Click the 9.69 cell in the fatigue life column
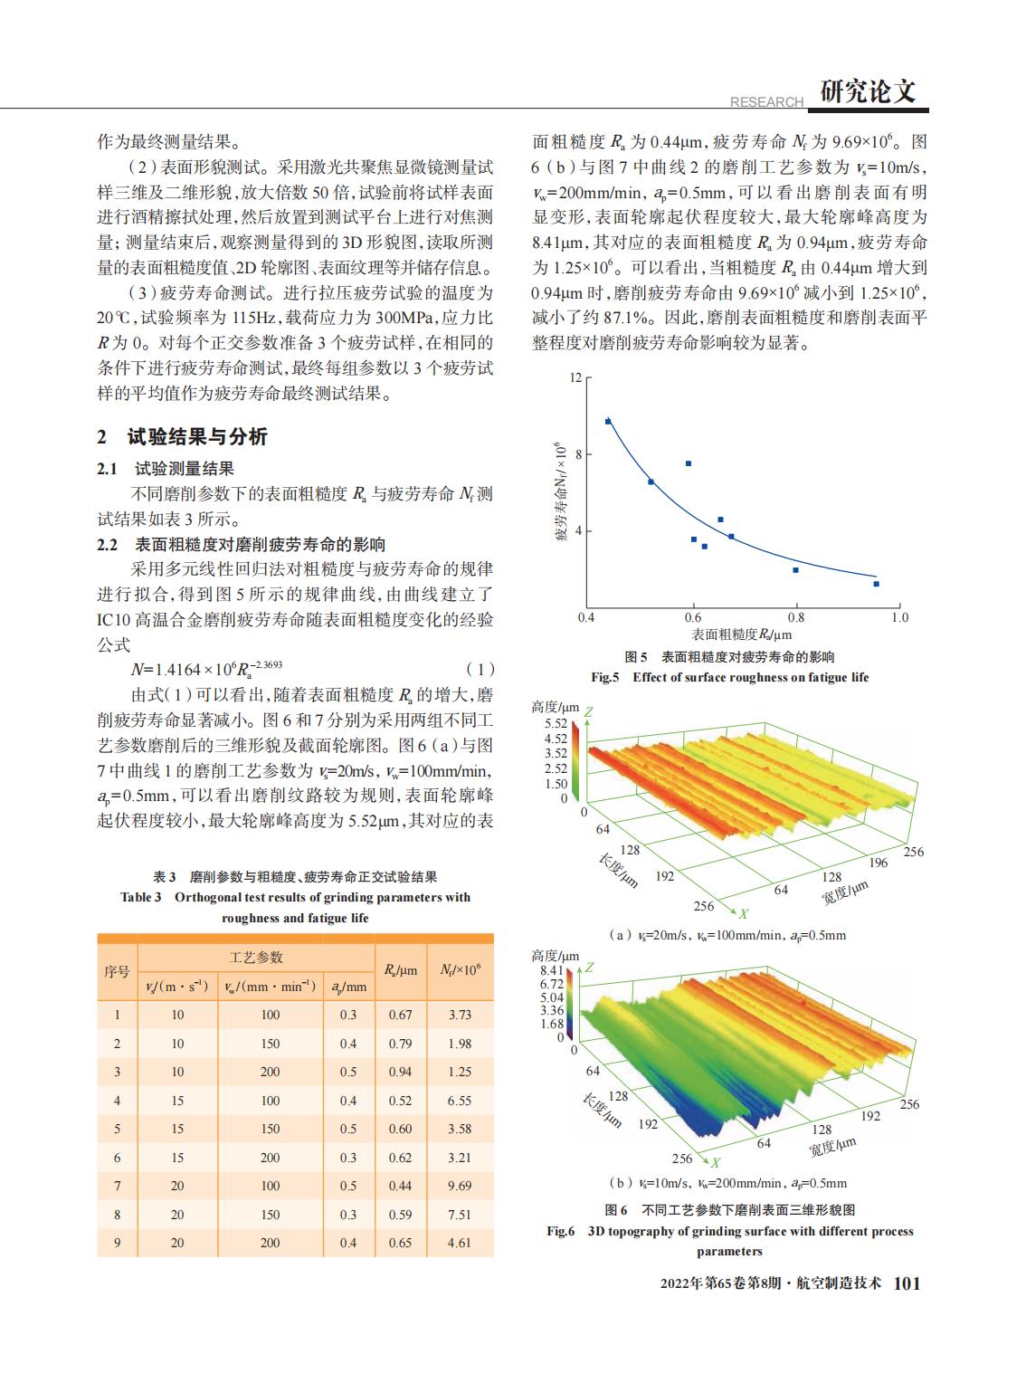tap(460, 1186)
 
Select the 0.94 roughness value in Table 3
tap(400, 1072)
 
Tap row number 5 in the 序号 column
tap(117, 1129)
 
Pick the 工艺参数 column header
tap(255, 958)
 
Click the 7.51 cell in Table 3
tap(460, 1215)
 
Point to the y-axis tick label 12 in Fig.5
tap(575, 377)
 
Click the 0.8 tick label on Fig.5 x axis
tap(796, 617)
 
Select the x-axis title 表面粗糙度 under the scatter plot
tap(725, 634)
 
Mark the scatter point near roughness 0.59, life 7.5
tap(689, 463)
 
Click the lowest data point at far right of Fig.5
tap(876, 584)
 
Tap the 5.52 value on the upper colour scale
tap(556, 723)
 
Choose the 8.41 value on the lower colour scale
tap(552, 970)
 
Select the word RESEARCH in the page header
tap(766, 101)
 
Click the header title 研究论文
tap(868, 91)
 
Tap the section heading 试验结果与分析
tap(197, 436)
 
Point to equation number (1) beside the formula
tap(480, 670)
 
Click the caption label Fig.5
tap(604, 677)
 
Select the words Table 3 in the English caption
tap(141, 897)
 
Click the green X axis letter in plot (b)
tap(715, 1162)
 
